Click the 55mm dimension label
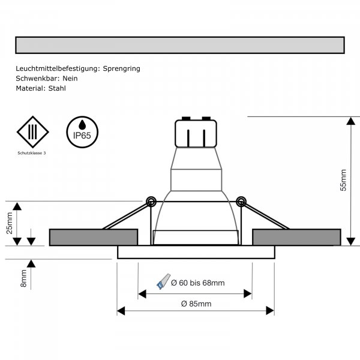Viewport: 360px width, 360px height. pos(343,180)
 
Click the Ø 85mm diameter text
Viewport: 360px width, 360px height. pos(196,304)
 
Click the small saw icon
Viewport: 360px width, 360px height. pos(163,280)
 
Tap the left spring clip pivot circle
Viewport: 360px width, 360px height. pos(151,200)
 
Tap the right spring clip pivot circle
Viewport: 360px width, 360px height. pos(241,200)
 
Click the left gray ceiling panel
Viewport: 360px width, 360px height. pos(93,237)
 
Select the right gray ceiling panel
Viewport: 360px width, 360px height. pos(298,237)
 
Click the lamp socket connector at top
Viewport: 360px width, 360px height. pos(194,133)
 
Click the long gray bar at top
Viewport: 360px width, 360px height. pos(179,46)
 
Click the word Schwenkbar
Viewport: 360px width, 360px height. pos(35,78)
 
